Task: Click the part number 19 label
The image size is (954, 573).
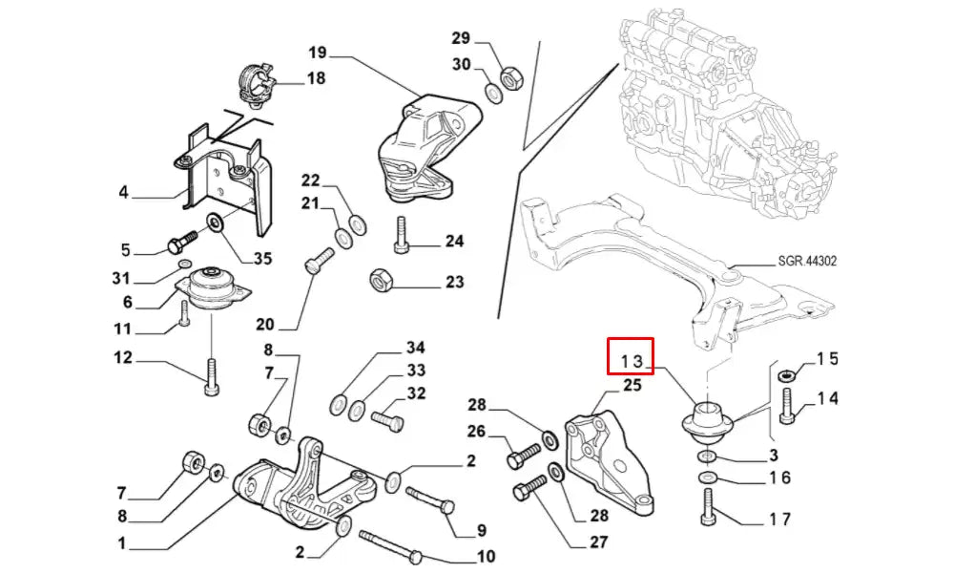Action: click(318, 52)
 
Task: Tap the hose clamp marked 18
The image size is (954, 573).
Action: click(255, 82)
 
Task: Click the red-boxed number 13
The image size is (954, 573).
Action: click(632, 360)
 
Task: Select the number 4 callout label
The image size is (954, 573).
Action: click(123, 193)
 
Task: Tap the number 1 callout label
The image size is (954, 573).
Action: click(121, 544)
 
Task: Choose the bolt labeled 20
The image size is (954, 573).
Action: click(320, 261)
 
